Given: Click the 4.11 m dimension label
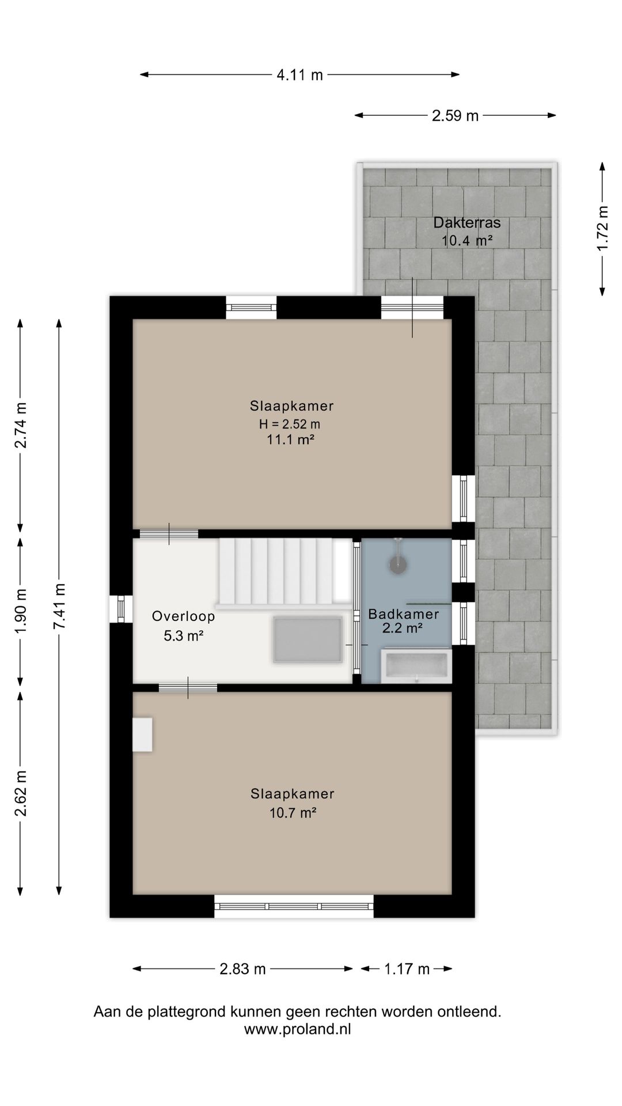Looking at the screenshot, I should coord(299,74).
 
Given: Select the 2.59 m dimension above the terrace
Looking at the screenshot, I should coord(455,116).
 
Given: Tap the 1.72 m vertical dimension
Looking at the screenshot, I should coord(602,228).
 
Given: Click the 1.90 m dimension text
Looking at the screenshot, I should coord(21,611).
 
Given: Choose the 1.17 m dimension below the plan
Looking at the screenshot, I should coord(407,969).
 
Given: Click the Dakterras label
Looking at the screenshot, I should coord(466,222).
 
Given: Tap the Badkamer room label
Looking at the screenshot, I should coord(403,614).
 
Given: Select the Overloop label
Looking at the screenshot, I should coord(183,616).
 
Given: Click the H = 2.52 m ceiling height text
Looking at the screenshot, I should coord(290,425).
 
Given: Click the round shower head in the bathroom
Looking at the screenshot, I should coord(398,564).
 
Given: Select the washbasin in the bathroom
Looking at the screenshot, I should coord(416,666).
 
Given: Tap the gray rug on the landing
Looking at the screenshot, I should coord(308,639).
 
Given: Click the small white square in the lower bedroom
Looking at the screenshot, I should coord(142,734).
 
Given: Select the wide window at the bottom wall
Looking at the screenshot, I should coord(294,906).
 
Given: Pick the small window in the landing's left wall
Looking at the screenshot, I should coord(121,609).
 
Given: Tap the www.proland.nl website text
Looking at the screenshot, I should coord(297,1029).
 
